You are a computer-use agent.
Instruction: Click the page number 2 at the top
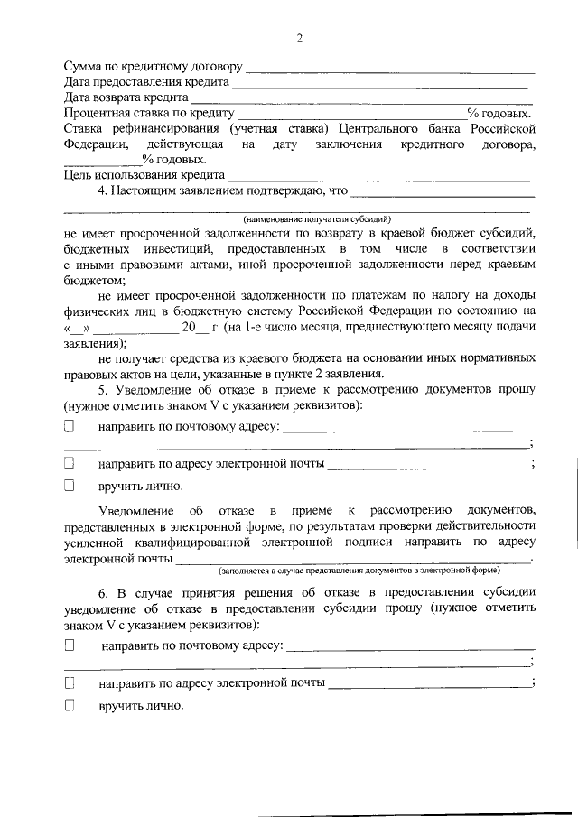[x=299, y=38]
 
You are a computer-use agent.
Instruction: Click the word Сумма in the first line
[x=84, y=68]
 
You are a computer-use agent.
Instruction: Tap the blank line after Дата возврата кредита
[x=361, y=97]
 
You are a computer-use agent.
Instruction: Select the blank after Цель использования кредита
[x=378, y=175]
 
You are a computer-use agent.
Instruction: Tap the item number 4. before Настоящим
[x=104, y=191]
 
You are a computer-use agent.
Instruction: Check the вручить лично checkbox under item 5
[x=69, y=486]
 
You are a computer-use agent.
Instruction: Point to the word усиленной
[x=95, y=542]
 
